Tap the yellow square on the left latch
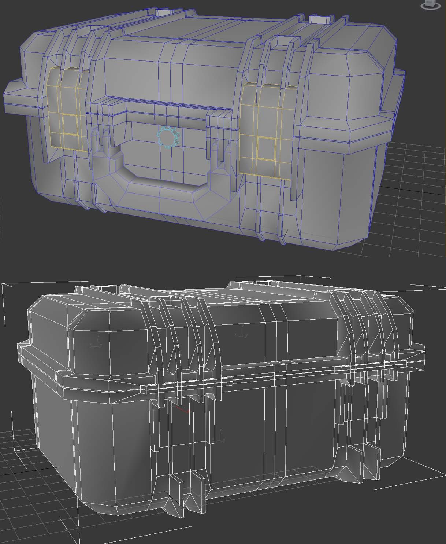68,124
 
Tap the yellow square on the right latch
266,148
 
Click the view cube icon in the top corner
430,4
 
